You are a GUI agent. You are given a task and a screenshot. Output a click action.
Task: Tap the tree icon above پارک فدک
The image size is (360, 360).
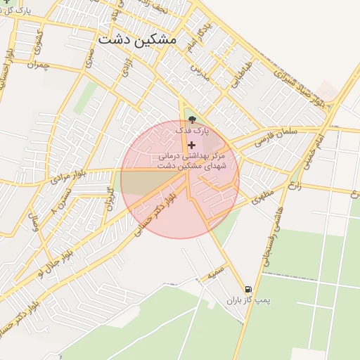(x=193, y=119)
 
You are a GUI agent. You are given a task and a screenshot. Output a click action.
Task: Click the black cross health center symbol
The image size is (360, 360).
(x=191, y=144)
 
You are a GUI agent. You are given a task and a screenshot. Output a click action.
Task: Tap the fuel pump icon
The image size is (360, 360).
(x=247, y=289)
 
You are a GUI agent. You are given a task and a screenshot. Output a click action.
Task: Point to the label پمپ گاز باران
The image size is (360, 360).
(x=247, y=300)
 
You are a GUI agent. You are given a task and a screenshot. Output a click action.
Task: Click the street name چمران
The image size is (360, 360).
(x=38, y=64)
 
